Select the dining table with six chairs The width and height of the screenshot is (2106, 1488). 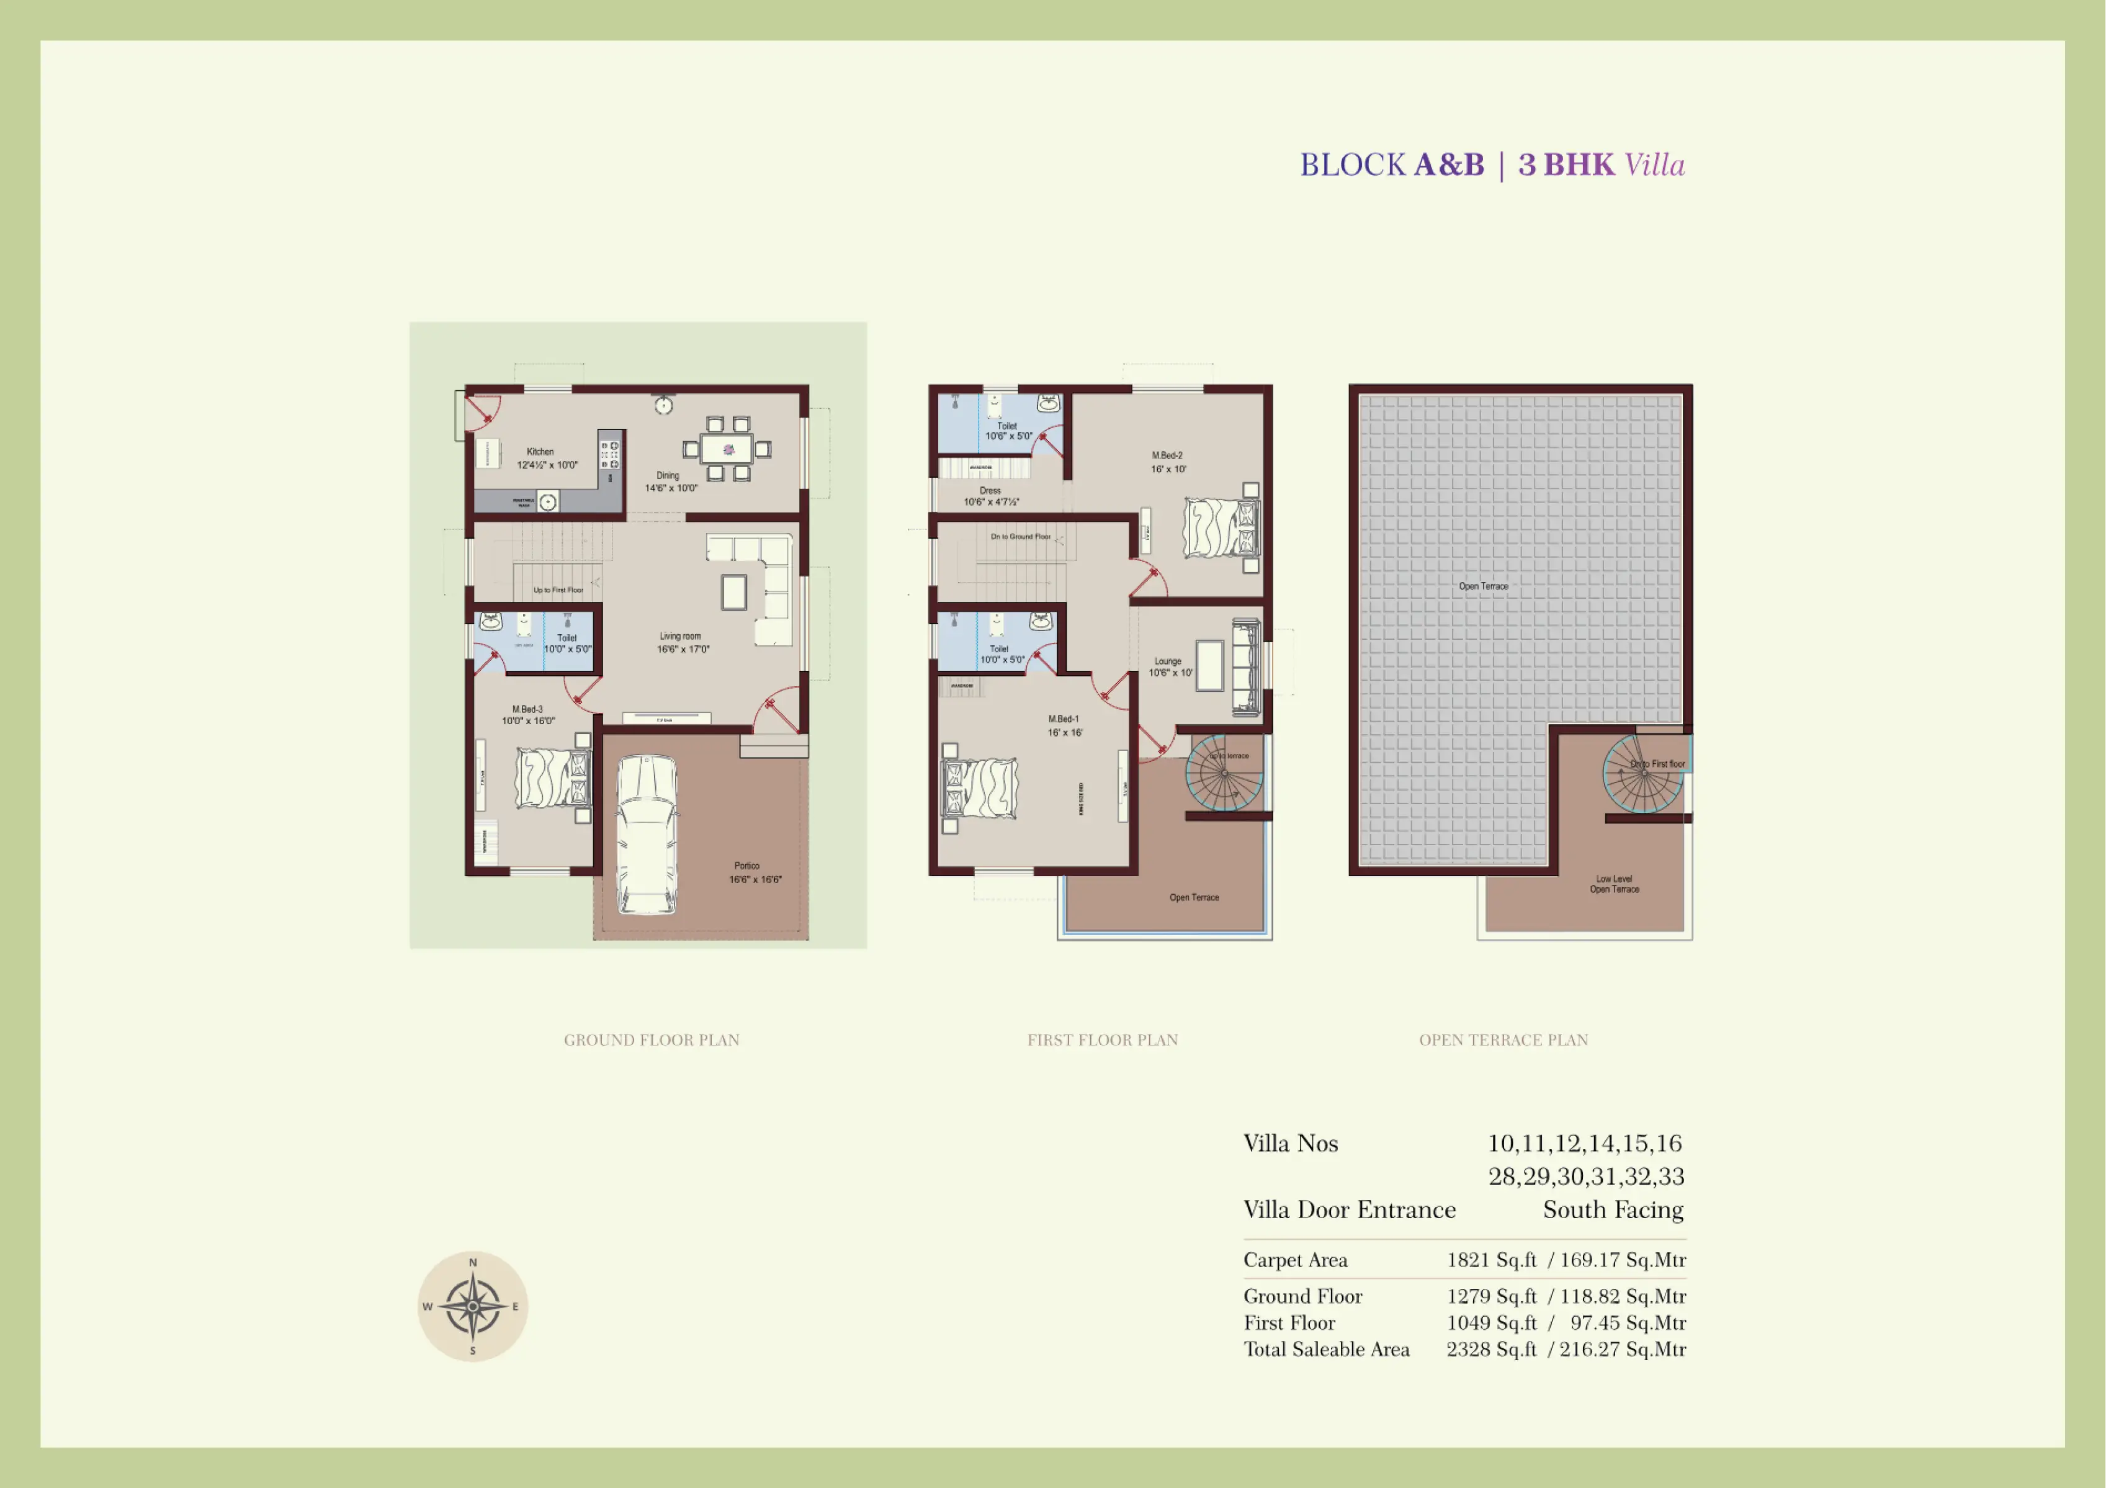727,449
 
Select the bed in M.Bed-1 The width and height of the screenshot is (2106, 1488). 980,787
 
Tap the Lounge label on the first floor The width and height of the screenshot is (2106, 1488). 1168,660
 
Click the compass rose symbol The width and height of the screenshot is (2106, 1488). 472,1306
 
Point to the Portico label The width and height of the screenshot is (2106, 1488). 746,865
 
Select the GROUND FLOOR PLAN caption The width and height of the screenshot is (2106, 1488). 652,1039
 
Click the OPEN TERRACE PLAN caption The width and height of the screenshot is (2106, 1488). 1503,1039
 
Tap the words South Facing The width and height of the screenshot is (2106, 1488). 1613,1209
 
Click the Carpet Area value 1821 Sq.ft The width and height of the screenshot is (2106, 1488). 1492,1260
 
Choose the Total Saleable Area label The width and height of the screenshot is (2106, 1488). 1327,1348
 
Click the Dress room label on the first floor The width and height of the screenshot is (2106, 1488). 990,491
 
